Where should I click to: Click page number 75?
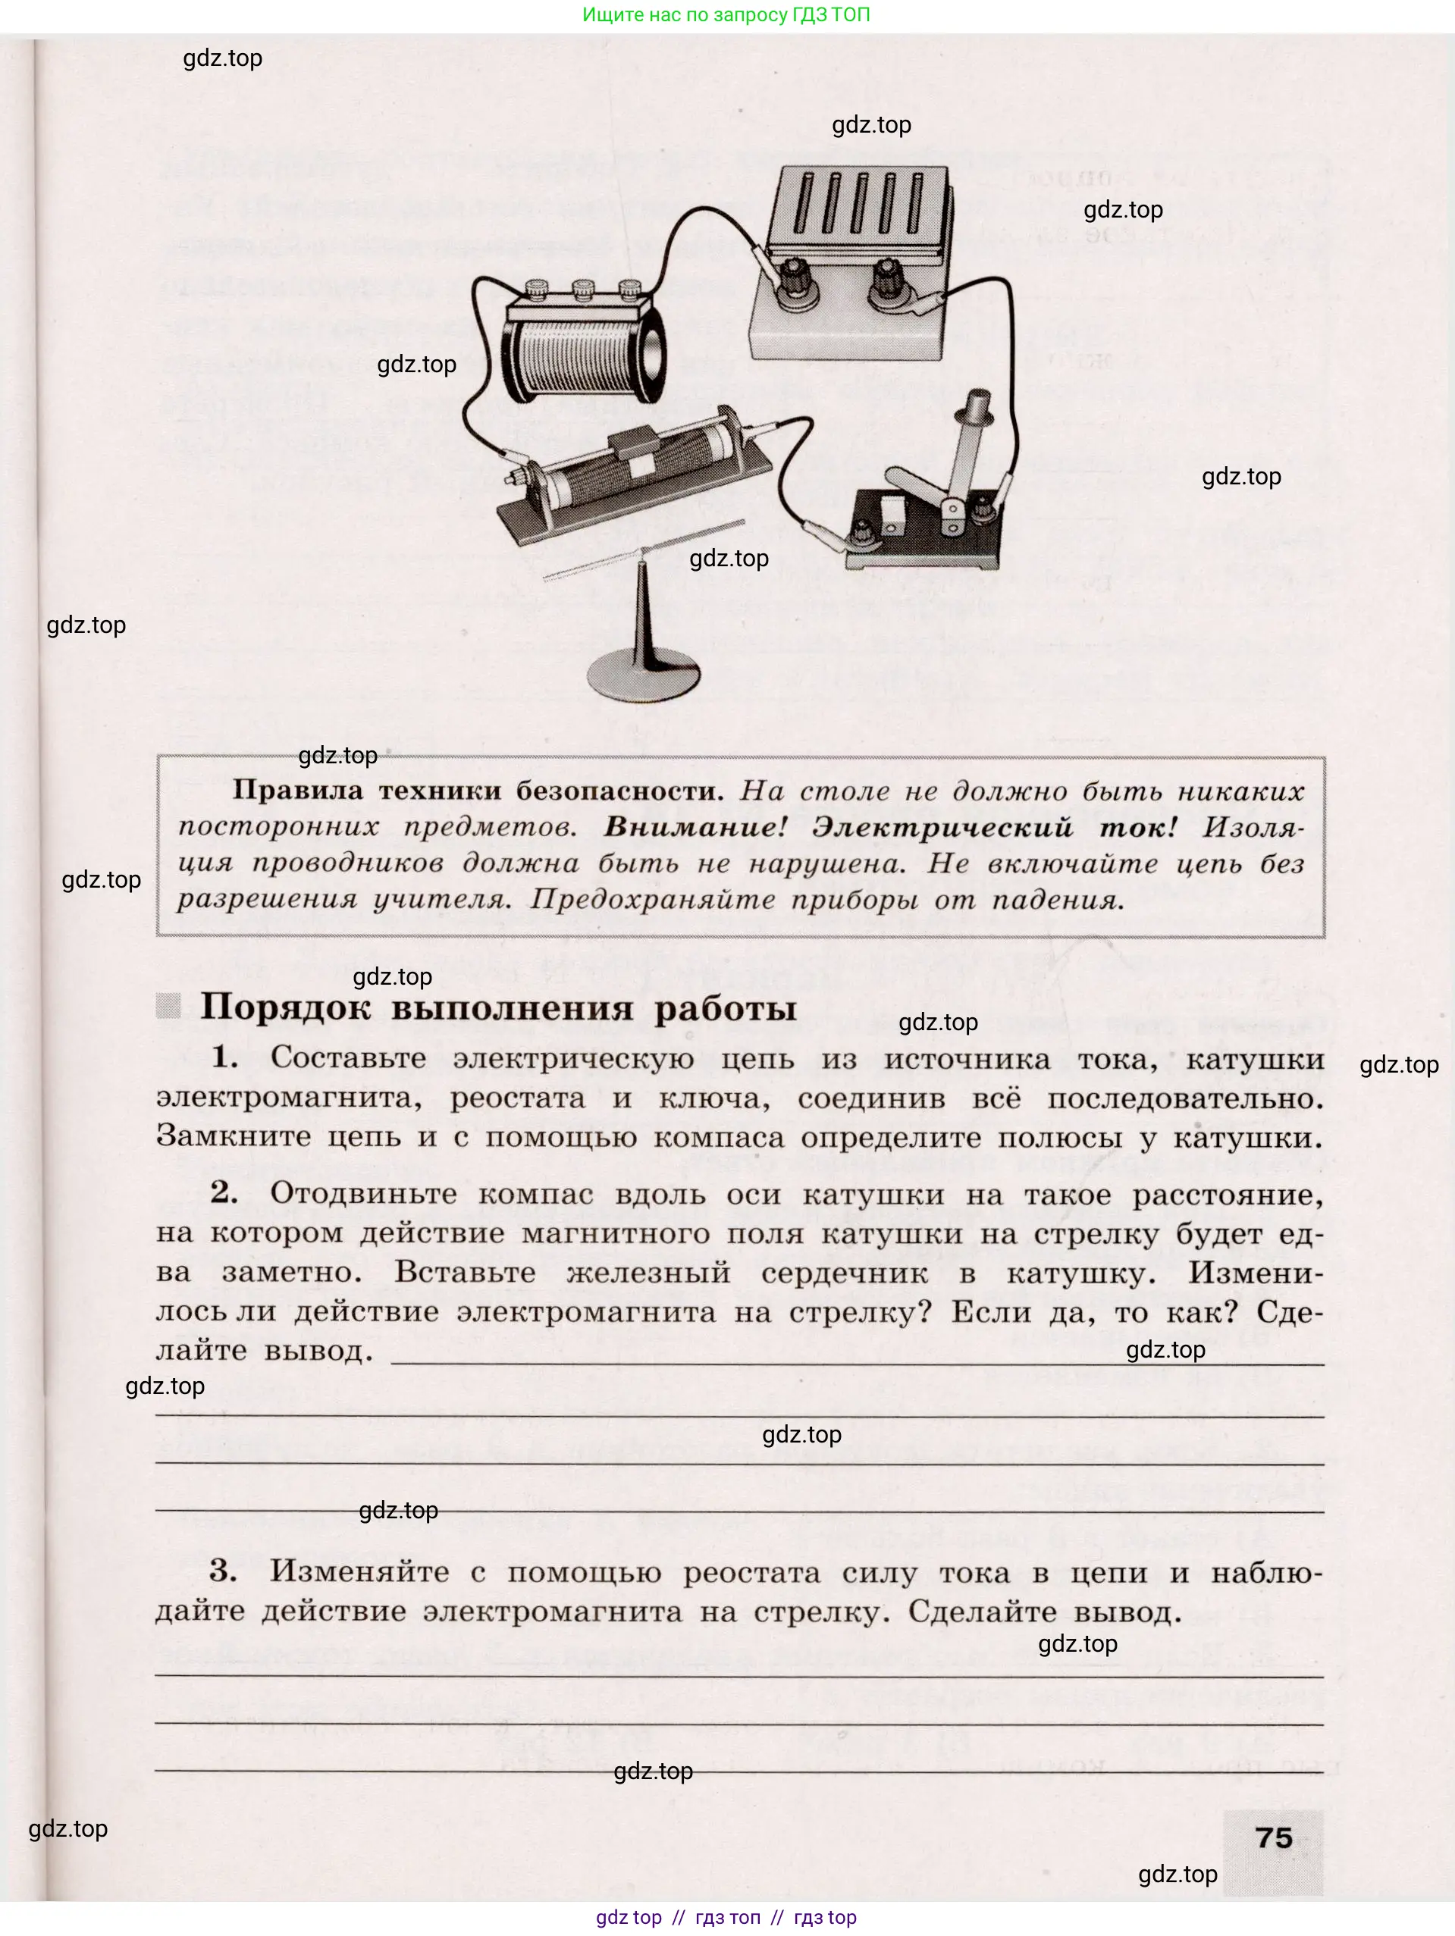pos(1273,1837)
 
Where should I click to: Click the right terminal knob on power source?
pos(888,279)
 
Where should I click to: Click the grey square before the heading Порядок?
pos(168,1006)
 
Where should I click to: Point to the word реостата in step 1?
pos(517,1098)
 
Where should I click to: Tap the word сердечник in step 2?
pos(844,1273)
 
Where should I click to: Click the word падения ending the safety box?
pos(1057,900)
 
